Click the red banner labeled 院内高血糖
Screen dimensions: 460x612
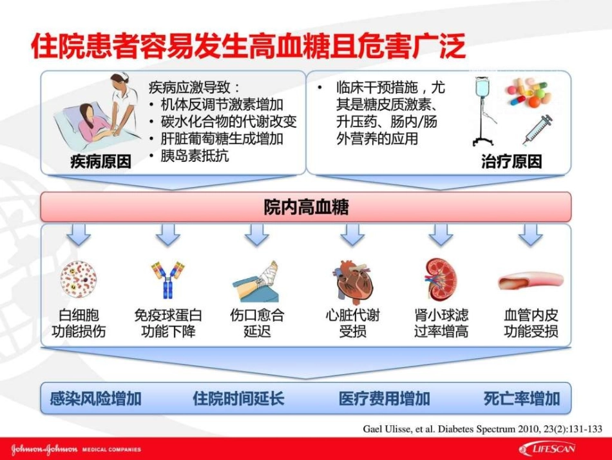coord(306,207)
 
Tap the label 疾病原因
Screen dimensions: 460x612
coord(100,162)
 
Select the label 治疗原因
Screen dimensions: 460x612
coord(512,162)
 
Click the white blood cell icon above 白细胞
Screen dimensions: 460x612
coord(79,280)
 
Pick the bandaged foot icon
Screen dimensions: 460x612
coord(256,281)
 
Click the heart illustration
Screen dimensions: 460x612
coord(352,281)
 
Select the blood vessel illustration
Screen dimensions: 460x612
coord(530,281)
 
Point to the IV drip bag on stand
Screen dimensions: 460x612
coord(484,110)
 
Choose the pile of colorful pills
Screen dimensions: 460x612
coord(528,92)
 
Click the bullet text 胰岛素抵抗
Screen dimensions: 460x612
coord(194,155)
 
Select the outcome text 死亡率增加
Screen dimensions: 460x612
coord(522,398)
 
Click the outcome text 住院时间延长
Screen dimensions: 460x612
coord(238,398)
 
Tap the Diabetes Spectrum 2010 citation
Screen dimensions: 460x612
coord(483,428)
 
